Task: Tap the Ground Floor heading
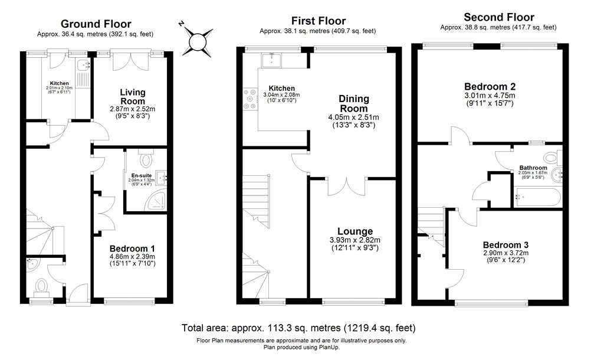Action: pyautogui.click(x=96, y=24)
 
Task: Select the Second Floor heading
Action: pyautogui.click(x=498, y=17)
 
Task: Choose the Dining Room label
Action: pyautogui.click(x=354, y=103)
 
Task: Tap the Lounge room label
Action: pyautogui.click(x=354, y=231)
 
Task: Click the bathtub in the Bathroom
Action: pyautogui.click(x=536, y=197)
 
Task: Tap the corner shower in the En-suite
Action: pyautogui.click(x=157, y=202)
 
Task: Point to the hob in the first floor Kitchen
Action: pyautogui.click(x=249, y=99)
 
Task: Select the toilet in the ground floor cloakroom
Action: pyautogui.click(x=41, y=287)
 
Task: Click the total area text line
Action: pyautogui.click(x=298, y=328)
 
